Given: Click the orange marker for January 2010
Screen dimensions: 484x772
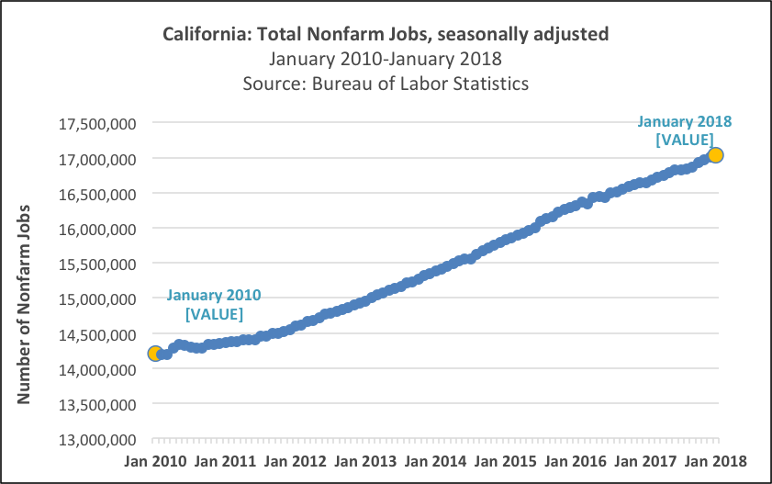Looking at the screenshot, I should [x=155, y=354].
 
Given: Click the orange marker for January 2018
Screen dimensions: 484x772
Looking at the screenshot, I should [x=716, y=155].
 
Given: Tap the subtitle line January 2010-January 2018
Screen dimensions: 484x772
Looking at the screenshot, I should [x=386, y=60].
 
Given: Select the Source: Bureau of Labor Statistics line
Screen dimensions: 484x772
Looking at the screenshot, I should [x=386, y=84].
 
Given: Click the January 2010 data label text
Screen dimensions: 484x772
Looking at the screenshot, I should [x=215, y=296].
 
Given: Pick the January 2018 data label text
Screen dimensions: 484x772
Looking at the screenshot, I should [x=685, y=121].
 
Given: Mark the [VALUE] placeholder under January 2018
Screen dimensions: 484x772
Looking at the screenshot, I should [x=685, y=140].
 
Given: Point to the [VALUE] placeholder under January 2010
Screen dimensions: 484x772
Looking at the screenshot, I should [x=215, y=314].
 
